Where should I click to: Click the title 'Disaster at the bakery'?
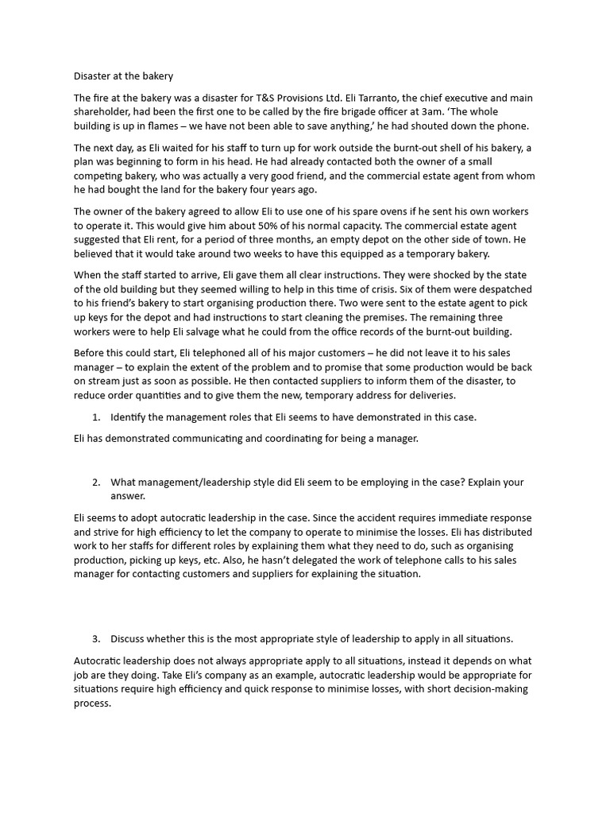click(x=123, y=76)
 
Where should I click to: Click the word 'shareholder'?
click(x=104, y=112)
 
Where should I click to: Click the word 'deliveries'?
click(x=429, y=395)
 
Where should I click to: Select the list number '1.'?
click(x=97, y=417)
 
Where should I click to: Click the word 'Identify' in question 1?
click(x=129, y=417)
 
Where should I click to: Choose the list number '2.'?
click(x=97, y=482)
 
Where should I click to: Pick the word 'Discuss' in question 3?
click(x=129, y=638)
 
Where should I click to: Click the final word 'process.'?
click(x=93, y=703)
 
